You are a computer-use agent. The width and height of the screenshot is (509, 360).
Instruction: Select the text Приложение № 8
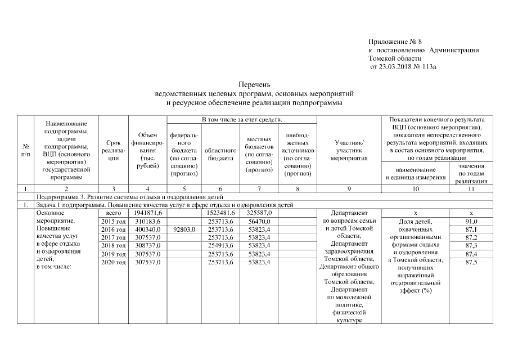[395, 42]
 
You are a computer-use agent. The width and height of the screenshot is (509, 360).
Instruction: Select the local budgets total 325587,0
[260, 214]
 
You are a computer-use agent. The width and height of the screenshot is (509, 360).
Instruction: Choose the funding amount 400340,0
[148, 230]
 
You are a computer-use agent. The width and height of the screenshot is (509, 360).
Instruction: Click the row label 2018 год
[113, 246]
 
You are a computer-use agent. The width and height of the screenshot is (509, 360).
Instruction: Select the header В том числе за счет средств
[242, 120]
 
